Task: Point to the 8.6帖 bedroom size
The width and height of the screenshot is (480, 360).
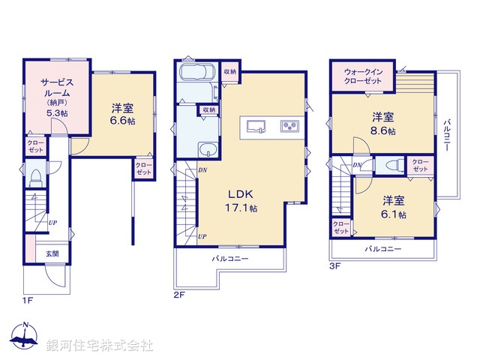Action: tap(382, 130)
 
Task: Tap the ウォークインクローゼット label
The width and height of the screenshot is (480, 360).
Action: tap(364, 76)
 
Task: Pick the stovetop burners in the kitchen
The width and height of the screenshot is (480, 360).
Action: tap(290, 125)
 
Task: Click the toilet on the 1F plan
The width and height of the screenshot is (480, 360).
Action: tap(34, 178)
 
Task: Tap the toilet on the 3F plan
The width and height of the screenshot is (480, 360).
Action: tap(391, 166)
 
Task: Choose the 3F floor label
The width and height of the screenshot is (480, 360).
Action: tap(334, 265)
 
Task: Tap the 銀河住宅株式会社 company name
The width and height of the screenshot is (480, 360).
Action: tap(100, 346)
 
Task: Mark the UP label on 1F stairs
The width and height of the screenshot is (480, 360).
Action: tap(53, 223)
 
